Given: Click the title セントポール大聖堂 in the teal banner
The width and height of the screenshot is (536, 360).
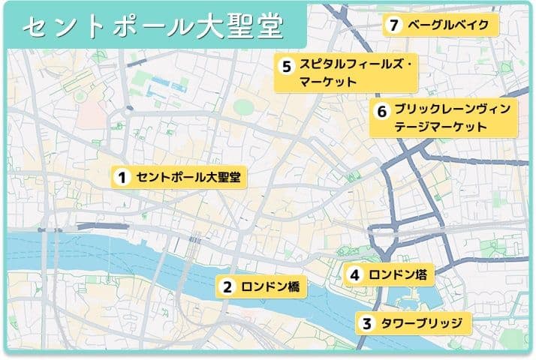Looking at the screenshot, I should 153,27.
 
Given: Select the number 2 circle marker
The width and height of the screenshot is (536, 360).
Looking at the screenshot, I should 226,286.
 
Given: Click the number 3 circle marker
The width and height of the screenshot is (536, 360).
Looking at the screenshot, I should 366,324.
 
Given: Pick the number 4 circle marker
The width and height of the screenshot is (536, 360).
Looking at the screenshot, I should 354,275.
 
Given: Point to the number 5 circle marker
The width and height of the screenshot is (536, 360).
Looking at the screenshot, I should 286,65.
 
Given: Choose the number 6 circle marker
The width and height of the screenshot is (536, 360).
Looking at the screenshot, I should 381,111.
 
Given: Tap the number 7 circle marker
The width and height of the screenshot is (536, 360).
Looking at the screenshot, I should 393,25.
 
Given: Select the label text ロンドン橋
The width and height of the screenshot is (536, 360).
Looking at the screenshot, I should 270,286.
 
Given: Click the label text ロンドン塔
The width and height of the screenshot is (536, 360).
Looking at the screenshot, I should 398,275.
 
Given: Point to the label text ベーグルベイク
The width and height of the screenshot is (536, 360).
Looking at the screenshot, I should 448,25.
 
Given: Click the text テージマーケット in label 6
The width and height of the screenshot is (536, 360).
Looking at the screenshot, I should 441,127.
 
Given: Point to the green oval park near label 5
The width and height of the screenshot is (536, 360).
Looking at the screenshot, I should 242,106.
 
